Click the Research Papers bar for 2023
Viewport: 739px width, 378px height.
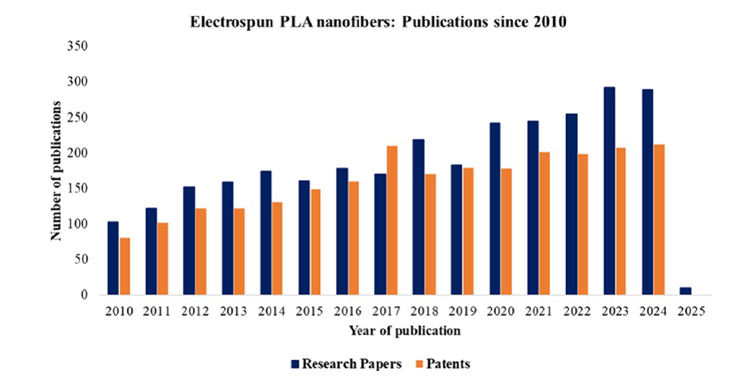pos(610,191)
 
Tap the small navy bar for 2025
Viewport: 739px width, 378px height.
pos(685,291)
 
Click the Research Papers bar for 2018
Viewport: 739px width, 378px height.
pos(419,218)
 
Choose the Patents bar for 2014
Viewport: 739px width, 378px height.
pos(276,249)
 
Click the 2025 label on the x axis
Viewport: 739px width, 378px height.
pos(689,311)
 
